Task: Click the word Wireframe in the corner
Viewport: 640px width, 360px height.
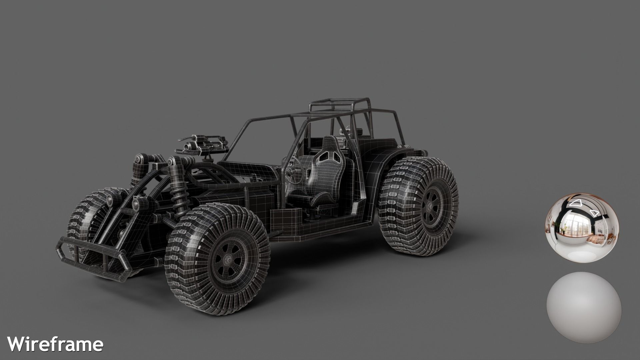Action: point(55,344)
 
